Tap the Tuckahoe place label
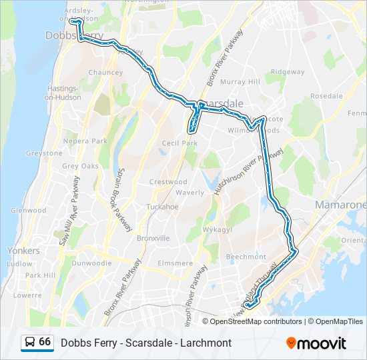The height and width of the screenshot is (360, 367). (163, 207)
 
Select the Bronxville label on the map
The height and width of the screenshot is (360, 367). (153, 238)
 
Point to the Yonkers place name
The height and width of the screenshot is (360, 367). (23, 251)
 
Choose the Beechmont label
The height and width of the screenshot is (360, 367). (246, 257)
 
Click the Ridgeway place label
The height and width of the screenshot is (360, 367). (288, 72)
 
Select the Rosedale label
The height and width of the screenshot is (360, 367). (326, 96)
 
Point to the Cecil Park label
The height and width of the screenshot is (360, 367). (180, 143)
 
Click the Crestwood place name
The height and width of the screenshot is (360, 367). (167, 182)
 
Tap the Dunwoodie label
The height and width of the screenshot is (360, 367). (91, 263)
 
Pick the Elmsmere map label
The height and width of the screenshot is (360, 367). (175, 263)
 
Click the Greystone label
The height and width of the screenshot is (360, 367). (44, 153)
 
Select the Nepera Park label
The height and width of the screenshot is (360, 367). (85, 141)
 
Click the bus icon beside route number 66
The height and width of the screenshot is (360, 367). (29, 343)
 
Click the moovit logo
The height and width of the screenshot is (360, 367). (316, 343)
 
